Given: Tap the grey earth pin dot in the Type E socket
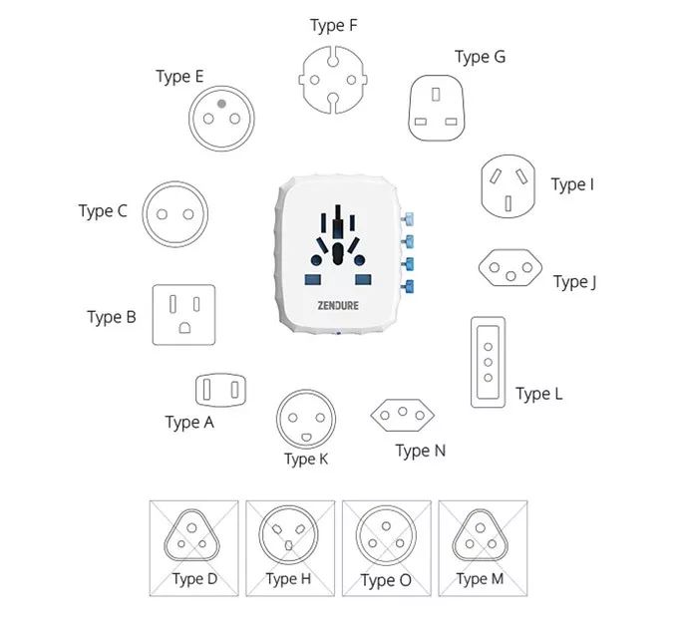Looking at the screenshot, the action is tap(221, 104).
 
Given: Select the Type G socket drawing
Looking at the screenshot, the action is tap(437, 108).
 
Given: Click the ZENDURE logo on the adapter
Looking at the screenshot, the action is tap(338, 306).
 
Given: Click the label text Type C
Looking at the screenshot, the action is tap(103, 211).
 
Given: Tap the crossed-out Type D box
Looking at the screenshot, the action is tap(194, 549).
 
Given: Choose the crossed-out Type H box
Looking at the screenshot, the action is tap(290, 549).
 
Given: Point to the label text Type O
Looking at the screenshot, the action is tap(386, 580).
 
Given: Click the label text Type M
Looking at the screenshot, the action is tap(480, 579).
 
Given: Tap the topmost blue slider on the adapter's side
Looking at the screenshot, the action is tap(408, 219).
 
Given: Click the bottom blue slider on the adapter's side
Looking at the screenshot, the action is tap(408, 286).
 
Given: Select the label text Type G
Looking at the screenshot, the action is tap(480, 57).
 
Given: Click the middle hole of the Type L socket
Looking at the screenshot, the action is tap(489, 362).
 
